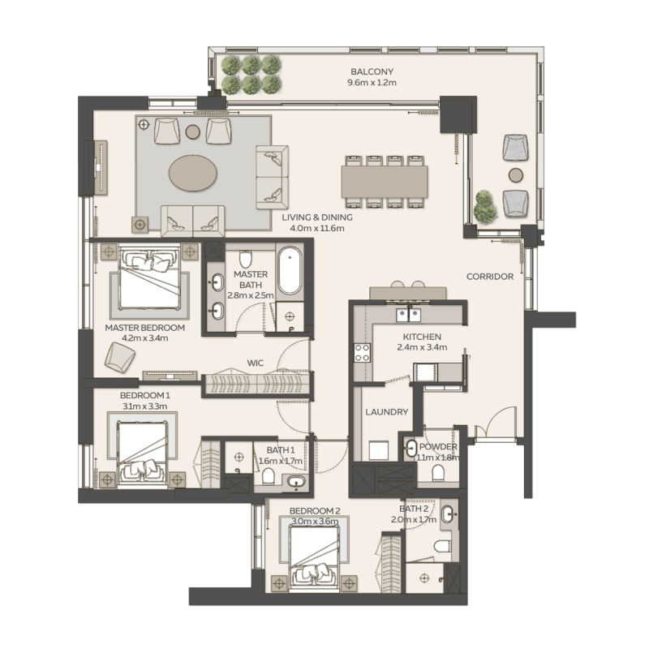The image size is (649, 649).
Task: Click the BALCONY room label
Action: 372,71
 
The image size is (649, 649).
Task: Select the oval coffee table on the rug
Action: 192,172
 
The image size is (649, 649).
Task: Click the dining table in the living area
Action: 385,181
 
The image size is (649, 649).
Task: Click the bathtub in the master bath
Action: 290,273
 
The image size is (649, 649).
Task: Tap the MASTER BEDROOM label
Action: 144,328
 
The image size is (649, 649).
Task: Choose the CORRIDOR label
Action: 489,277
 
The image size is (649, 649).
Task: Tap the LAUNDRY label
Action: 387,412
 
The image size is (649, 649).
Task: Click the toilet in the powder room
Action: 439,472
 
